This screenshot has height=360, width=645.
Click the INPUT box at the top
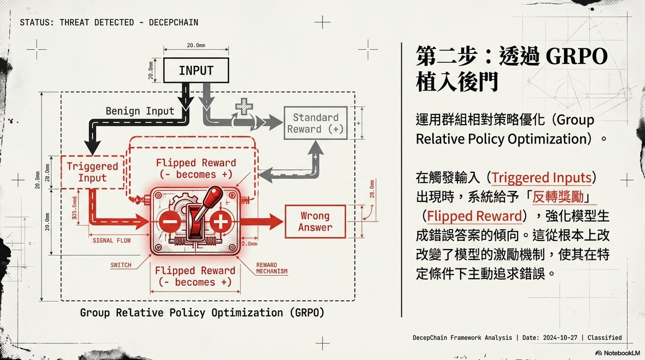pyautogui.click(x=196, y=70)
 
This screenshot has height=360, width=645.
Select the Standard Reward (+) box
pyautogui.click(x=315, y=123)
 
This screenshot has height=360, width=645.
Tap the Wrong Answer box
pyautogui.click(x=315, y=222)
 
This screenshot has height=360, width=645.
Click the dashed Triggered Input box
pyautogui.click(x=92, y=172)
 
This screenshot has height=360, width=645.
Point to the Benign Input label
pyautogui.click(x=140, y=111)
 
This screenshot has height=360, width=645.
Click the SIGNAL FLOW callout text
pyautogui.click(x=111, y=240)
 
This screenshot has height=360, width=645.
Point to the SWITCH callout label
pyautogui.click(x=121, y=265)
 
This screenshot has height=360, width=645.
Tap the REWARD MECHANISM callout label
pyautogui.click(x=272, y=268)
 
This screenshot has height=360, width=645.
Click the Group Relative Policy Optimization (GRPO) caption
pyautogui.click(x=202, y=313)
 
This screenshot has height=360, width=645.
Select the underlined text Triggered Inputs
pyautogui.click(x=541, y=178)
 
